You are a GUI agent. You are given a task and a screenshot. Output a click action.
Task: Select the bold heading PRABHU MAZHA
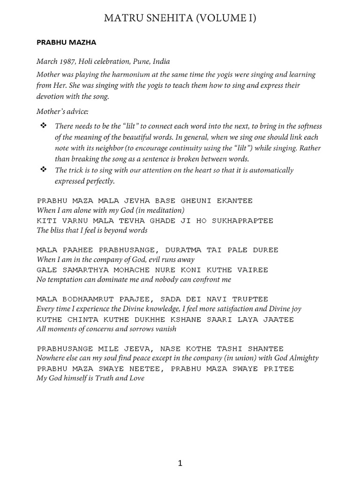(x=66, y=43)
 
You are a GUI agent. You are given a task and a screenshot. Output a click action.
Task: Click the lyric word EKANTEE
(x=235, y=201)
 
